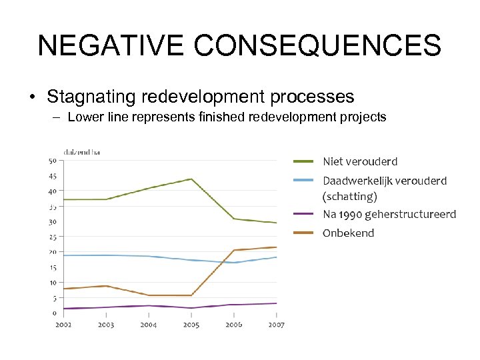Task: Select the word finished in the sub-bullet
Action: pos(222,117)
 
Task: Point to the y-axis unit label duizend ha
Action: pos(81,152)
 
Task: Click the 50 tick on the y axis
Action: pos(52,161)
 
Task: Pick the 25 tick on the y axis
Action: pos(52,237)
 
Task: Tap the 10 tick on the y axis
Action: pos(52,282)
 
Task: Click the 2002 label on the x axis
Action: pos(63,325)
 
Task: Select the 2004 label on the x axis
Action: pos(149,325)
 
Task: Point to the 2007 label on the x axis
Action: pos(276,325)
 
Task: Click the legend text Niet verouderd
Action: pos(360,161)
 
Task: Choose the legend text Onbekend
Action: pos(349,233)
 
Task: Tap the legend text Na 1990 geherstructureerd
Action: pos(389,214)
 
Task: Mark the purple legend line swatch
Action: pos(304,214)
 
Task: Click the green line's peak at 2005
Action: pos(191,179)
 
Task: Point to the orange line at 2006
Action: pos(234,250)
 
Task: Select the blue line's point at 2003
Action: pos(106,255)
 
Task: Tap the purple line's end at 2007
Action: pos(276,303)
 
